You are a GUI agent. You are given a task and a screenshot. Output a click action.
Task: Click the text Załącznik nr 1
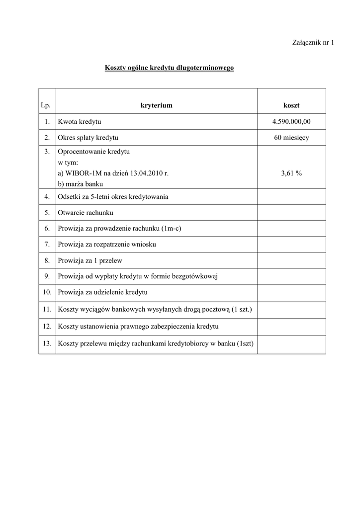pos(312,43)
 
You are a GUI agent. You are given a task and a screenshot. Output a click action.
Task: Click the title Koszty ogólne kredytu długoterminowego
pos(169,68)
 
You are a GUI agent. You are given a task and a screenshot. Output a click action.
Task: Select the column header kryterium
pos(156,105)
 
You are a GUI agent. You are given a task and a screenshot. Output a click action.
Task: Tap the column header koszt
pos(291,105)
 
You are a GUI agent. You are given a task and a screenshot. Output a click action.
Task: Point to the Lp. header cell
pos(47,105)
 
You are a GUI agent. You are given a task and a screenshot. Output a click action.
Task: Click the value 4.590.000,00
pos(291,122)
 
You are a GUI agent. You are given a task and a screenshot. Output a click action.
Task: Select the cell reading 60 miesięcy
pos(291,138)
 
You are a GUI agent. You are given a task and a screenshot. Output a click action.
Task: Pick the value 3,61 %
pos(291,173)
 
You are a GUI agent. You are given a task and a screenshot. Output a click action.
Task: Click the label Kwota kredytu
pos(80,122)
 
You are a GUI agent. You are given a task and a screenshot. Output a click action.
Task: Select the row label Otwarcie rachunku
pos(86,213)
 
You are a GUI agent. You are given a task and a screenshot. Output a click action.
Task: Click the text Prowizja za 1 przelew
pos(90,260)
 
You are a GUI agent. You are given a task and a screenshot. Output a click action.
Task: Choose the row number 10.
pos(47,292)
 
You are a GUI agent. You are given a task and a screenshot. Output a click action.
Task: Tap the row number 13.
pos(47,343)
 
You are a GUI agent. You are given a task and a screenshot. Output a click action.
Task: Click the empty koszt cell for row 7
pos(291,245)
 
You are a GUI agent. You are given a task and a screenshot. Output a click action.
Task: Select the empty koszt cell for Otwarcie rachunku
pos(291,213)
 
